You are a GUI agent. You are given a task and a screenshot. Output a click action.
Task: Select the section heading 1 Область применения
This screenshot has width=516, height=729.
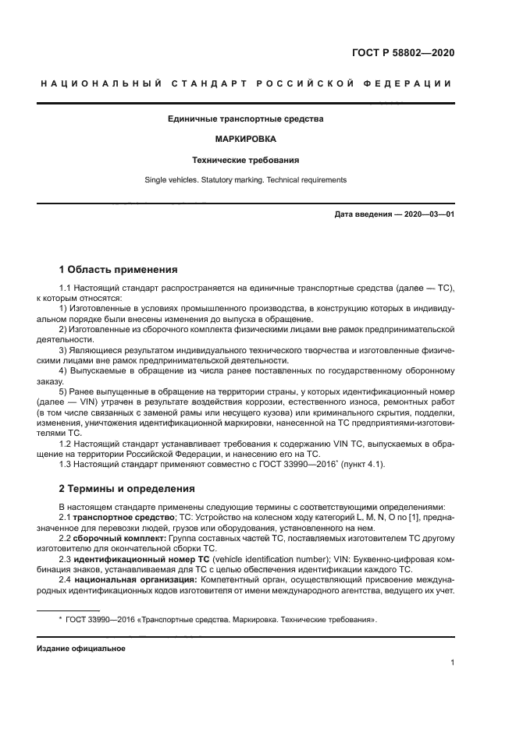118,270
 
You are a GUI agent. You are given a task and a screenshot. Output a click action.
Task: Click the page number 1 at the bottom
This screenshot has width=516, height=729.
452,663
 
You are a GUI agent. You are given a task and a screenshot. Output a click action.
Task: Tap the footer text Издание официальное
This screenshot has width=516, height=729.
80,648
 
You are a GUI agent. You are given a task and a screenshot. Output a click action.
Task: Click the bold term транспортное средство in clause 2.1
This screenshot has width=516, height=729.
121,518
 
